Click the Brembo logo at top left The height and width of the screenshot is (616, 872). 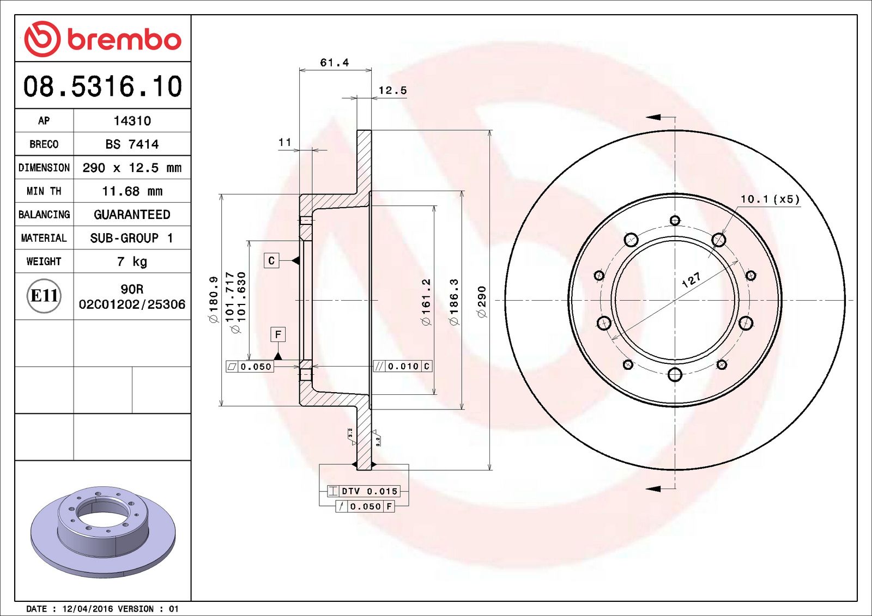point(102,39)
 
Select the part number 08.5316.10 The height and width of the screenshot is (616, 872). point(102,87)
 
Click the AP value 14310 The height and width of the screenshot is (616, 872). point(132,121)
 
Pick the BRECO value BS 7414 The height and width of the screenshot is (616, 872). point(132,144)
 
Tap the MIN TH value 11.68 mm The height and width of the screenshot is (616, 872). point(132,191)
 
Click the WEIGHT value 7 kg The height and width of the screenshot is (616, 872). point(132,261)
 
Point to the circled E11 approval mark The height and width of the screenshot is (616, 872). point(44,296)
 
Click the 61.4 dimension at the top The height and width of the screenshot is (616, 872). point(334,63)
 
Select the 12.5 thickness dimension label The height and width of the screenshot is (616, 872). point(392,90)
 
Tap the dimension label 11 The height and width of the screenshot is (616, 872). point(284,142)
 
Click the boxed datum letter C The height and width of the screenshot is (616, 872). point(271,260)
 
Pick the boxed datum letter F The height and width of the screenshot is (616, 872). point(278,334)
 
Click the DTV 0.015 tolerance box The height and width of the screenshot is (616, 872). point(364,491)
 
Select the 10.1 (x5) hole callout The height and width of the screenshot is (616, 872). point(770,199)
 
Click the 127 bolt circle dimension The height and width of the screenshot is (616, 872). point(691,280)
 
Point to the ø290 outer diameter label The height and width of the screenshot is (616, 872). point(481,301)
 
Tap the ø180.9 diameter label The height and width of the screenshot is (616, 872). point(214,300)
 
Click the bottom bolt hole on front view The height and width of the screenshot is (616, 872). point(675,374)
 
